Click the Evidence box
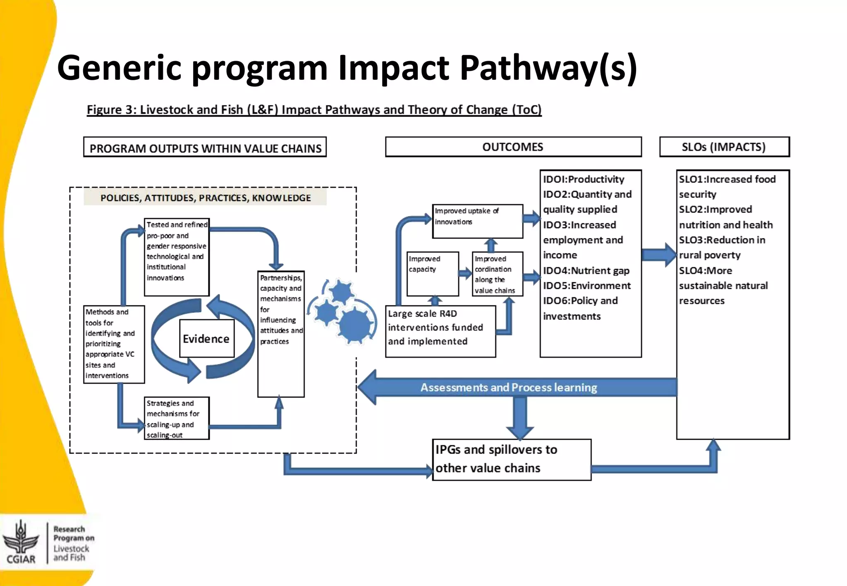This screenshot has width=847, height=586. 206,338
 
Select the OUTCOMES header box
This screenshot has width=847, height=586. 513,147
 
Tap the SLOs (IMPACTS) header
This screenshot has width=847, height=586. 724,147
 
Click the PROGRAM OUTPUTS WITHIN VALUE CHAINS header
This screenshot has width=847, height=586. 205,148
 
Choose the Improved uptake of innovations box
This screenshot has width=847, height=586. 477,221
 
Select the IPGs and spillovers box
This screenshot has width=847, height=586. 511,459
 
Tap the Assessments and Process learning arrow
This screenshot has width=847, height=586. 509,388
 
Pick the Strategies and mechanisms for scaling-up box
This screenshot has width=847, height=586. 177,418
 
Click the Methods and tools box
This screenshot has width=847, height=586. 114,344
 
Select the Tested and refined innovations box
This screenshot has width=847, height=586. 177,257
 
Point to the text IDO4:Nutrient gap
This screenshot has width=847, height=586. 586,271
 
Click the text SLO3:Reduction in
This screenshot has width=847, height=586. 722,240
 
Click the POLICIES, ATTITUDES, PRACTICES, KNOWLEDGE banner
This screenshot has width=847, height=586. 205,198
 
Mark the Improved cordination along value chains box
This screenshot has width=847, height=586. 497,274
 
